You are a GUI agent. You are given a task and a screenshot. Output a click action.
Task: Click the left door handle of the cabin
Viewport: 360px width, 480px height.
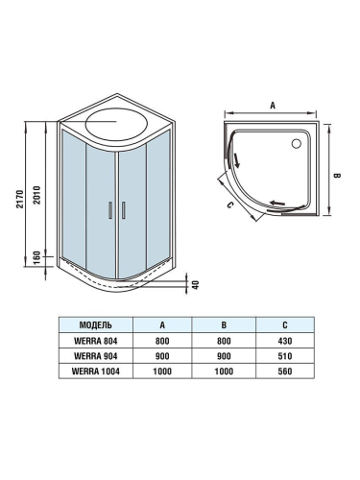coord(111,210)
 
